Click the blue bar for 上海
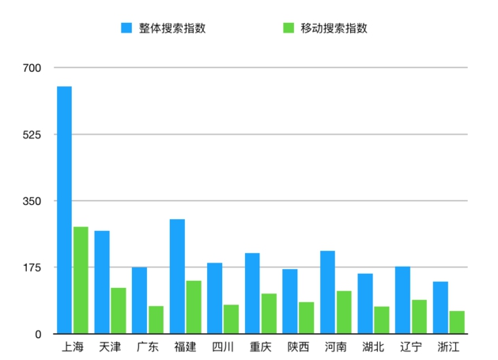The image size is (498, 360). [64, 210]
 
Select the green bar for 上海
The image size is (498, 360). [81, 280]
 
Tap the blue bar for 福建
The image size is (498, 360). [177, 276]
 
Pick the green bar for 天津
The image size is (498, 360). [119, 310]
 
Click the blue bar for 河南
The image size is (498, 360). [327, 292]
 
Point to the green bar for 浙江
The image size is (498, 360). [457, 322]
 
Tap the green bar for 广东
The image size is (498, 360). [156, 320]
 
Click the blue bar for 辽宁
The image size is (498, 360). [403, 300]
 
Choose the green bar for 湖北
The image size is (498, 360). [382, 320]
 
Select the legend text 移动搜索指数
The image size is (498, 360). [334, 28]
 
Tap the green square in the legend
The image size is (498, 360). [289, 28]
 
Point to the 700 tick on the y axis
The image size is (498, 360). [32, 67]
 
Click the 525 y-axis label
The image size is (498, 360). [32, 135]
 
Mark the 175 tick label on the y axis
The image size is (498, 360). [32, 267]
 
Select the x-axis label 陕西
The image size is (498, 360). [298, 347]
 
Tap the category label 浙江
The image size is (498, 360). [448, 347]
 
